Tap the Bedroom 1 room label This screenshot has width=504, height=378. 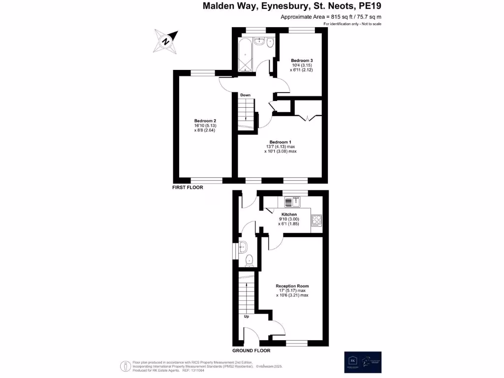(x=280, y=142)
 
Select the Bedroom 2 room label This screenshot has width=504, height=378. (x=205, y=121)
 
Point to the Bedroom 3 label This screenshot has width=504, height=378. (x=302, y=61)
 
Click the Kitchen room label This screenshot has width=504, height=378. (x=288, y=215)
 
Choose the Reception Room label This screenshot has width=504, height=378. (x=292, y=286)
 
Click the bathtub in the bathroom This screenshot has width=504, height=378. (x=245, y=56)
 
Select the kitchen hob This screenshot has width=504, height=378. (x=316, y=221)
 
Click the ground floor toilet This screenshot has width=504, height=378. (x=248, y=260)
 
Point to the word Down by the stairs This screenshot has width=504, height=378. (x=245, y=95)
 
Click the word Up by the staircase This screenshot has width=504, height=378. (x=247, y=316)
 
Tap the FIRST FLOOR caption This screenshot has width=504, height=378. (x=188, y=188)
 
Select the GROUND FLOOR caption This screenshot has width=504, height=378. (x=251, y=351)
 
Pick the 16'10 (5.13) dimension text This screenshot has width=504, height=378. (x=205, y=126)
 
